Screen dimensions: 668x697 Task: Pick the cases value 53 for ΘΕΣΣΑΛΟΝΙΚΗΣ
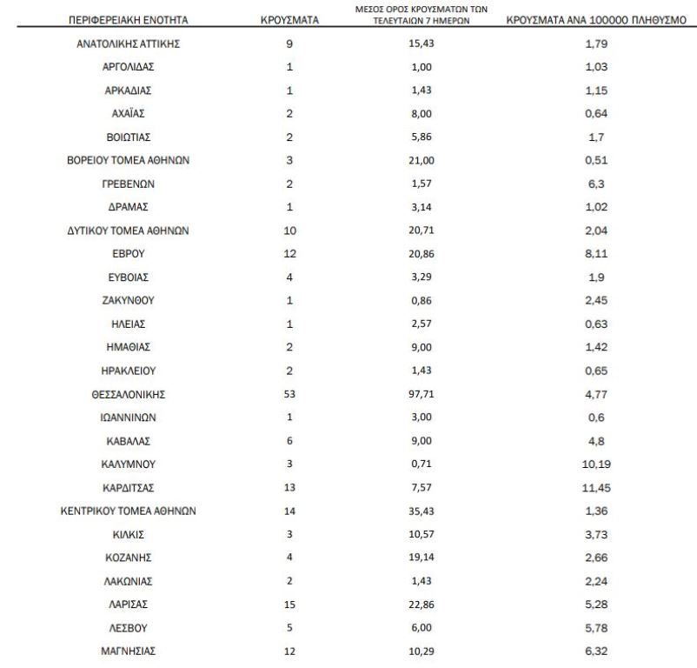(289, 394)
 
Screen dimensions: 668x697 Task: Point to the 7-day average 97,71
(421, 394)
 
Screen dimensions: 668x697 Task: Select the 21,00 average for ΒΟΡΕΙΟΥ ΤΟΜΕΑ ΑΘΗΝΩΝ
(421, 161)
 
